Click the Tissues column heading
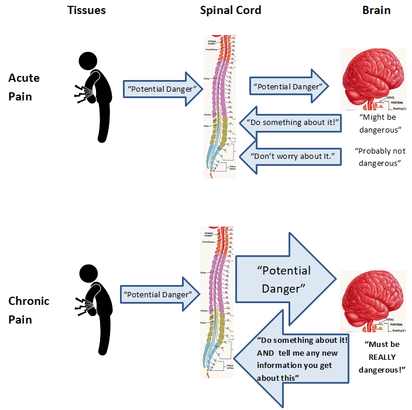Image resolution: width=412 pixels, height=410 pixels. tap(88, 11)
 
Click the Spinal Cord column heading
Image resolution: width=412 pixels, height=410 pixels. tap(230, 11)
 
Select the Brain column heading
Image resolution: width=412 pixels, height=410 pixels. tap(376, 11)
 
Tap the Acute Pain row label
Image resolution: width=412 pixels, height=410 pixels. tap(24, 87)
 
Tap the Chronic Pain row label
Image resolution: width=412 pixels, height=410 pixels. tap(29, 310)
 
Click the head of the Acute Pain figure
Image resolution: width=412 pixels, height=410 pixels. tap(88, 60)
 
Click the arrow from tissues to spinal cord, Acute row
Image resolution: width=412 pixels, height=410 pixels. tap(162, 89)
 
